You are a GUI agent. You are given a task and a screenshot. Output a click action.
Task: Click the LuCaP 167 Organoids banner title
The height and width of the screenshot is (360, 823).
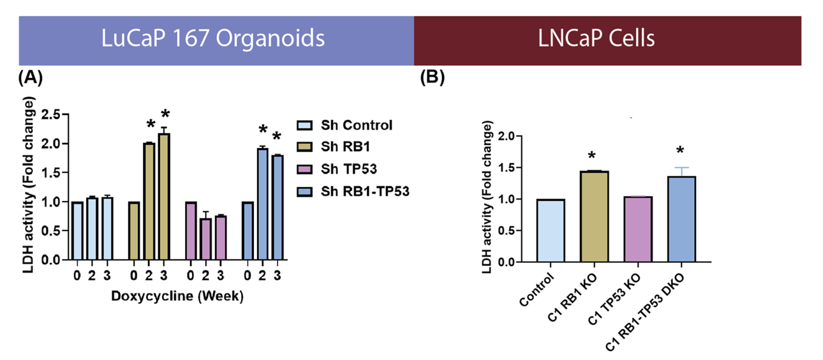click(x=213, y=39)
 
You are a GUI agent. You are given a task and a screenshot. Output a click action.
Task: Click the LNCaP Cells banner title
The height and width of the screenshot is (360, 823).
click(x=596, y=39)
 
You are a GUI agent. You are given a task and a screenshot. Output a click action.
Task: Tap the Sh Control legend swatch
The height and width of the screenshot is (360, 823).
click(x=306, y=125)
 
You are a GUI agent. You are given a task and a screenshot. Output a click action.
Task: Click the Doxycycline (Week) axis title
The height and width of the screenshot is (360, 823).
click(x=177, y=296)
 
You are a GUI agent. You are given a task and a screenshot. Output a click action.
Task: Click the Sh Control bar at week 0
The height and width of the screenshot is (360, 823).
click(x=77, y=231)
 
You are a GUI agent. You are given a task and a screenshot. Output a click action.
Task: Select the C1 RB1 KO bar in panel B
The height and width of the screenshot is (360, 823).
click(x=595, y=216)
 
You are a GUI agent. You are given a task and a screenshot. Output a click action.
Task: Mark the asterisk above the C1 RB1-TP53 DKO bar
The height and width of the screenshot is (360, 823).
click(x=681, y=151)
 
